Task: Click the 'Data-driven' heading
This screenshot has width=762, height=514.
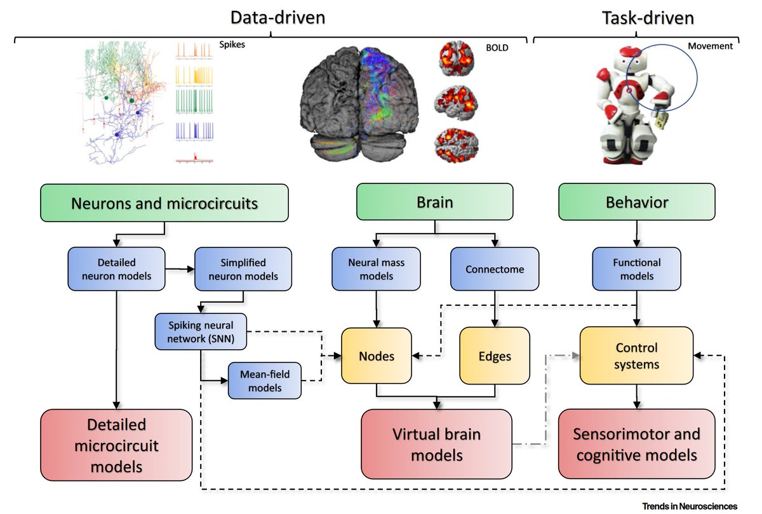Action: pyautogui.click(x=278, y=18)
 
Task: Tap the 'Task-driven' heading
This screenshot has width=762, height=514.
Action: pyautogui.click(x=648, y=18)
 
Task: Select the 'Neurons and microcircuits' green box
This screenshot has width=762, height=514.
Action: pyautogui.click(x=164, y=203)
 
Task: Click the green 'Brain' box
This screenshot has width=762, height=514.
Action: pyautogui.click(x=435, y=202)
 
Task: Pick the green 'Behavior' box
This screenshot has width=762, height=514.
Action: pyautogui.click(x=637, y=202)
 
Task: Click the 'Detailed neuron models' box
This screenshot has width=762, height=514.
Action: pyautogui.click(x=116, y=269)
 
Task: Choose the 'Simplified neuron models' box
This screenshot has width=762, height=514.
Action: pyautogui.click(x=243, y=269)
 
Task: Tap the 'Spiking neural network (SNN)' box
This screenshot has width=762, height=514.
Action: pyautogui.click(x=201, y=332)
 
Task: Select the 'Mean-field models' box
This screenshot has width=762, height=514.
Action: pyautogui.click(x=265, y=381)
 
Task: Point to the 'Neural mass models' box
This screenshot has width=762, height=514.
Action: pyautogui.click(x=376, y=269)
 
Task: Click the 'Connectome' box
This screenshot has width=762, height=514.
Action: pyautogui.click(x=495, y=269)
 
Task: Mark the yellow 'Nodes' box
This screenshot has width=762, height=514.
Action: pyautogui.click(x=377, y=356)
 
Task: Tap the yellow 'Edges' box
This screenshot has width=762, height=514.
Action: pyautogui.click(x=495, y=356)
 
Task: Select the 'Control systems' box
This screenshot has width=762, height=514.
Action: pyautogui.click(x=636, y=355)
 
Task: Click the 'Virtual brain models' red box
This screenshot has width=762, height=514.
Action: pyautogui.click(x=436, y=444)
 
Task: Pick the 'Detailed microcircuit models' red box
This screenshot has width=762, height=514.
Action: pyautogui.click(x=116, y=445)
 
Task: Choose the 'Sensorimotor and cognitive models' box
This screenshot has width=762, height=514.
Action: pyautogui.click(x=636, y=444)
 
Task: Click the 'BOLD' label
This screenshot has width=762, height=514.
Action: pyautogui.click(x=497, y=48)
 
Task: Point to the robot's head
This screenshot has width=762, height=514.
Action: pyautogui.click(x=630, y=60)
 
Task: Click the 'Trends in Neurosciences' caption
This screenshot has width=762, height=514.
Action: pyautogui.click(x=690, y=506)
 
